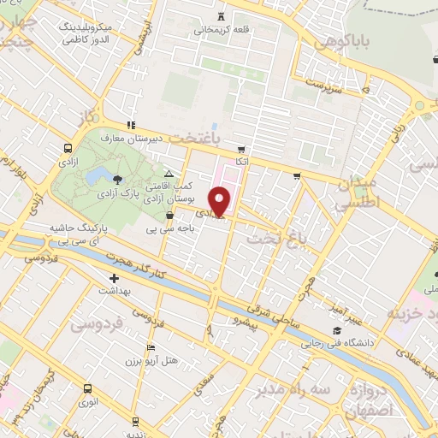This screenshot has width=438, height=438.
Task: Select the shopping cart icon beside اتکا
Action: point(241,148)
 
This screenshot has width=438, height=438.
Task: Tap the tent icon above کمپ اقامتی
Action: point(169,174)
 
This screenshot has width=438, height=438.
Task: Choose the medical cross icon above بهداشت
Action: point(114,278)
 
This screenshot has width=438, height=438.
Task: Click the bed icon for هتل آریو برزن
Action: point(151,348)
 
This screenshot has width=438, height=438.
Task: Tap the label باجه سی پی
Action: point(184,229)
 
